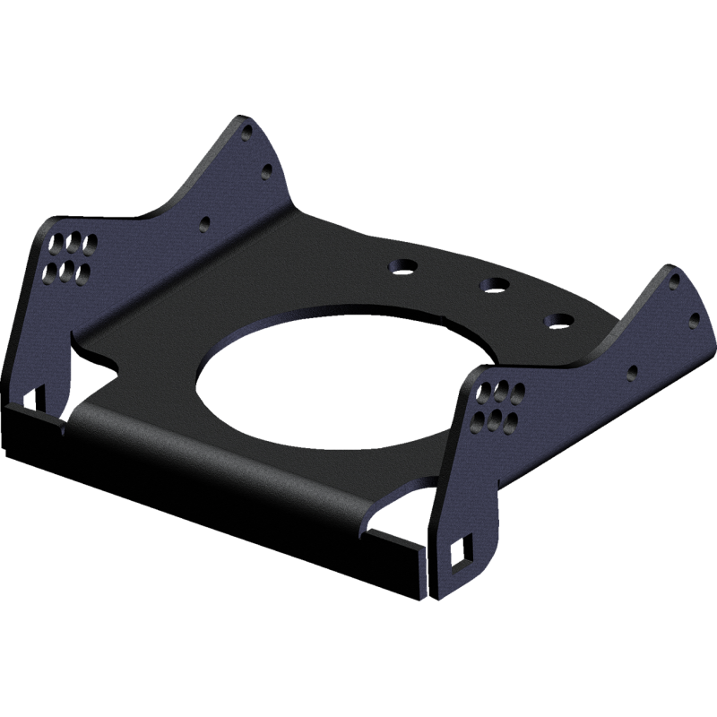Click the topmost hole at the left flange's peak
click(x=248, y=134)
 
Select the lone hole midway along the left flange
click(x=206, y=220)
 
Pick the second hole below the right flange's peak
click(x=693, y=315)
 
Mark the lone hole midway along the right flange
click(x=634, y=369)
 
